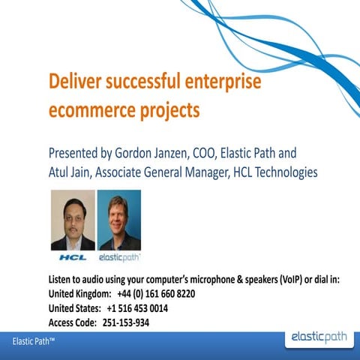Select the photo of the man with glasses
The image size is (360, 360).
click(72, 219)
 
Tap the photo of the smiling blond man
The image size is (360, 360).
click(118, 219)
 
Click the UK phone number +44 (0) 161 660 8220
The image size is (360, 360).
click(156, 294)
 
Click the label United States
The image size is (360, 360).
click(74, 308)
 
